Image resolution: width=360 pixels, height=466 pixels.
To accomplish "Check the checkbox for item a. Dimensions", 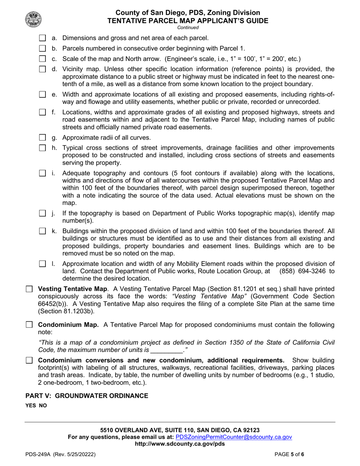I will point(42,38).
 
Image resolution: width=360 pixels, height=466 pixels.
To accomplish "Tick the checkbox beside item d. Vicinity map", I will point(42,69).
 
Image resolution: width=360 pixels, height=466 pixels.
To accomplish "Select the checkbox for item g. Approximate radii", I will point(42,138).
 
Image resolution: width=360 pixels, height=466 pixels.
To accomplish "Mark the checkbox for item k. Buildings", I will point(42,231).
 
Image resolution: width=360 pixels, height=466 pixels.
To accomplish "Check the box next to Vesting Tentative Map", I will point(29,289).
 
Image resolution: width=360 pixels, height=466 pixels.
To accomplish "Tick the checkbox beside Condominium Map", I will point(29,325).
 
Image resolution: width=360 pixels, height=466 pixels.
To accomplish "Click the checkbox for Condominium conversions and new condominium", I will point(29,360).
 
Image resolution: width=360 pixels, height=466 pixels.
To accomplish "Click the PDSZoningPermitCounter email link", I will point(234,437).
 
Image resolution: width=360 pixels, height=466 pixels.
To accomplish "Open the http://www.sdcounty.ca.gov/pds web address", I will point(180,444).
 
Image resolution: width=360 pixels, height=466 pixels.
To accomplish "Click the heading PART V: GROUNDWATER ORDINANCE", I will point(87,396).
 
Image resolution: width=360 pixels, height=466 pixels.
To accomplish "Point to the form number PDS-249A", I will point(39,454).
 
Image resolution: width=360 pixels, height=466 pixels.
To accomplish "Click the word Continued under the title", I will point(188,27).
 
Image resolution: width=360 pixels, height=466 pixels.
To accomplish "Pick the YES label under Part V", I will point(31,405).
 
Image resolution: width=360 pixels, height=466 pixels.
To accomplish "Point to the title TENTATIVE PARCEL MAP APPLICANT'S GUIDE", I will point(188,20).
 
